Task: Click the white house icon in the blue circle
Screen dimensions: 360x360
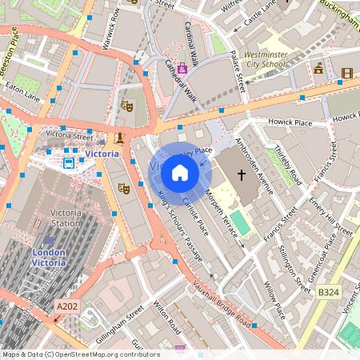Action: (x=179, y=173)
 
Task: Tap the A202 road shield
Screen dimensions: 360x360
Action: (x=68, y=306)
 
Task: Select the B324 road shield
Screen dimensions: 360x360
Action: (x=329, y=294)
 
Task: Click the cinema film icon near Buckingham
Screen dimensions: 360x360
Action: (x=346, y=73)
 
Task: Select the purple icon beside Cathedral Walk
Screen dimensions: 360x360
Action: (x=182, y=68)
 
